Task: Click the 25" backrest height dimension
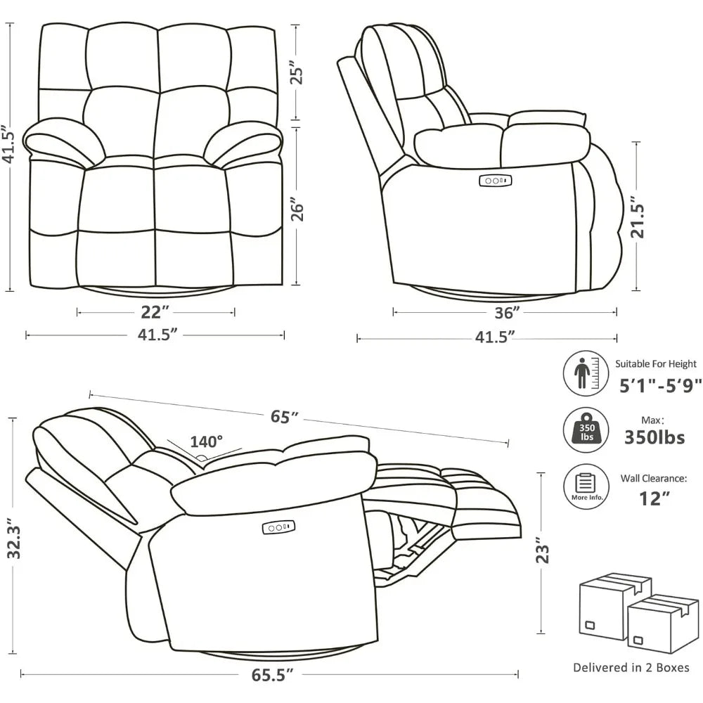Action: click(298, 73)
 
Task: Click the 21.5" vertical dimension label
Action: click(638, 217)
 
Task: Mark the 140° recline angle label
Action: click(207, 441)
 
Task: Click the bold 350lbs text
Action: click(654, 437)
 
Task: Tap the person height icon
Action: click(586, 373)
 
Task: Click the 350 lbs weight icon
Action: click(586, 431)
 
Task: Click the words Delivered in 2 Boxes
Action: click(631, 667)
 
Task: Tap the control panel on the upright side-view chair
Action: click(496, 181)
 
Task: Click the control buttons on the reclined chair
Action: click(279, 527)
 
